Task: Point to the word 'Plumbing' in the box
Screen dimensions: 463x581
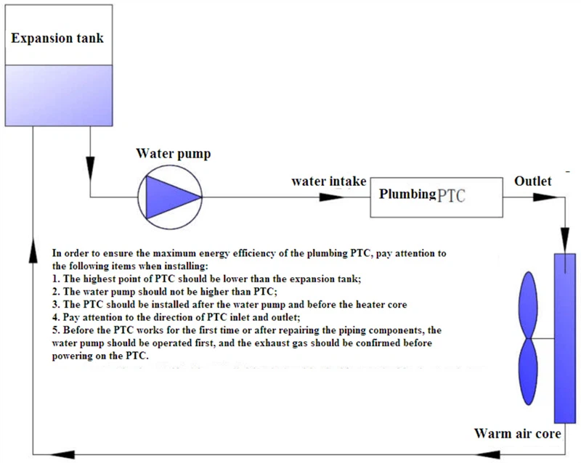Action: [407, 194]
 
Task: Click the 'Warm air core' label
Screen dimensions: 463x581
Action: [516, 434]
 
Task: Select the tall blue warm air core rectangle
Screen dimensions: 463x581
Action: [564, 337]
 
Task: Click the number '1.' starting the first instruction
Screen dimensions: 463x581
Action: [56, 279]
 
